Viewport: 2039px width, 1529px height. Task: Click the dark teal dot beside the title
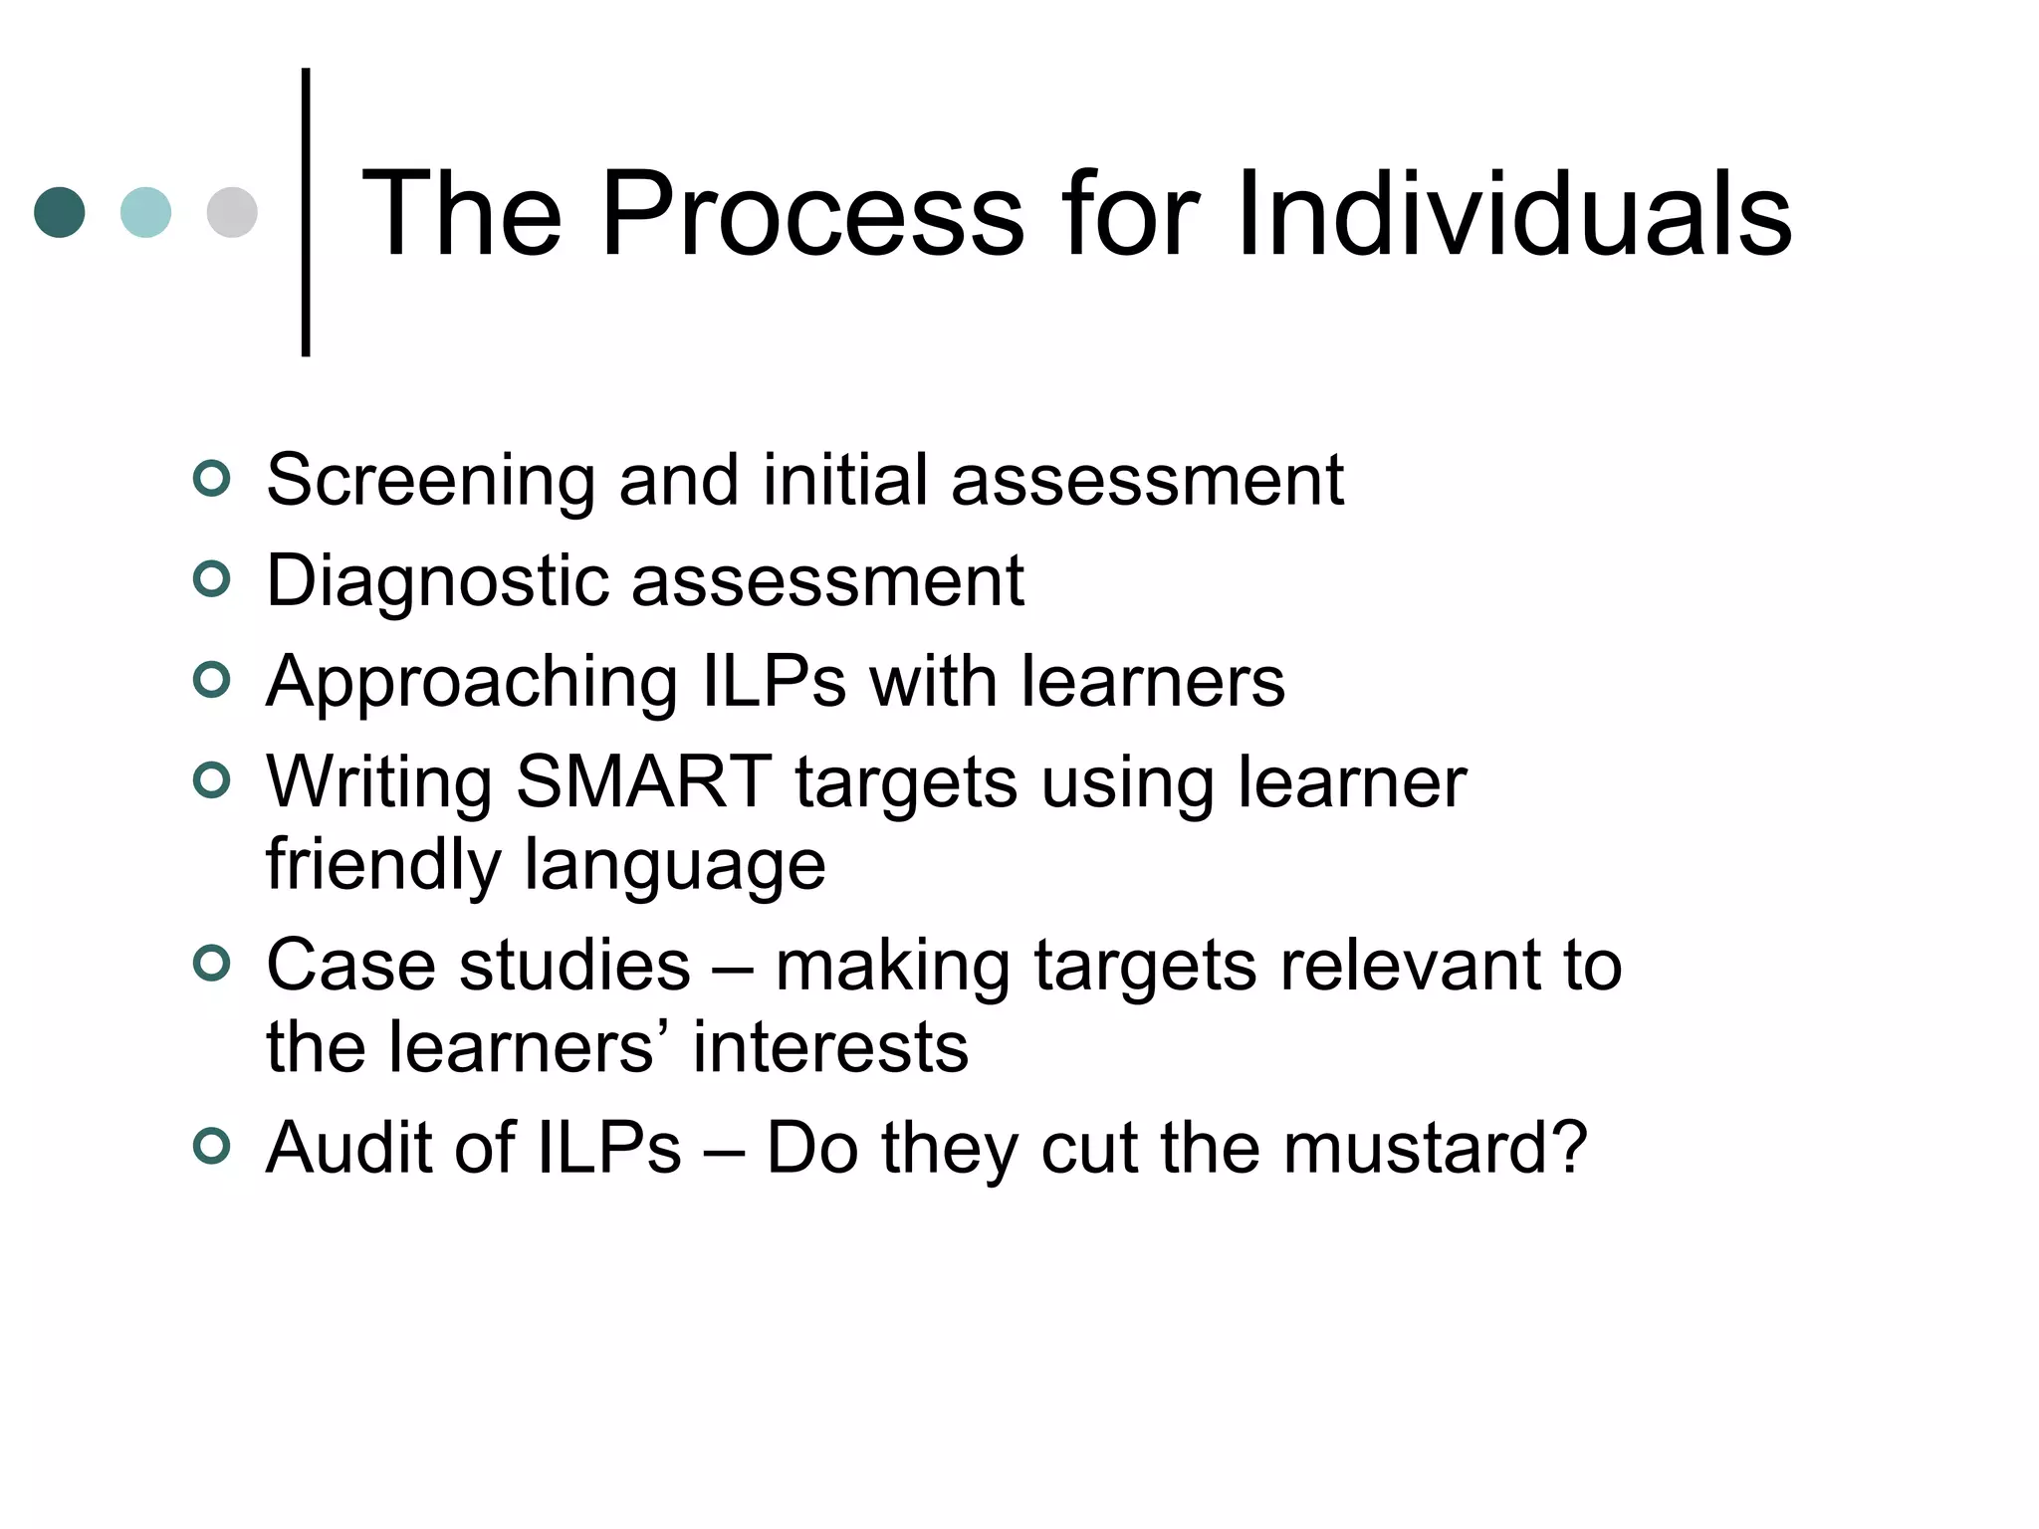tap(60, 212)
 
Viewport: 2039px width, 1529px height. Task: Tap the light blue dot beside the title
tap(145, 212)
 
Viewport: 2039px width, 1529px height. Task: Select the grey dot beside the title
tap(232, 212)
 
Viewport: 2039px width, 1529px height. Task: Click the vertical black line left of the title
tap(306, 212)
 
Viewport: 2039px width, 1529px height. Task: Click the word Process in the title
tap(811, 214)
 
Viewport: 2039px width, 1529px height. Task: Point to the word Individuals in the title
tap(1513, 214)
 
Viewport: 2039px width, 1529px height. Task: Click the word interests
tap(830, 1047)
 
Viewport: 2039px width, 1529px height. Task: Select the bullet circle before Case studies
tap(211, 963)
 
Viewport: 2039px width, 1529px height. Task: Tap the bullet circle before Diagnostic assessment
tap(211, 578)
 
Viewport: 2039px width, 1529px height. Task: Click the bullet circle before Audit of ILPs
tap(211, 1146)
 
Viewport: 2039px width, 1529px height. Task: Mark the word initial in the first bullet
tap(844, 481)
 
